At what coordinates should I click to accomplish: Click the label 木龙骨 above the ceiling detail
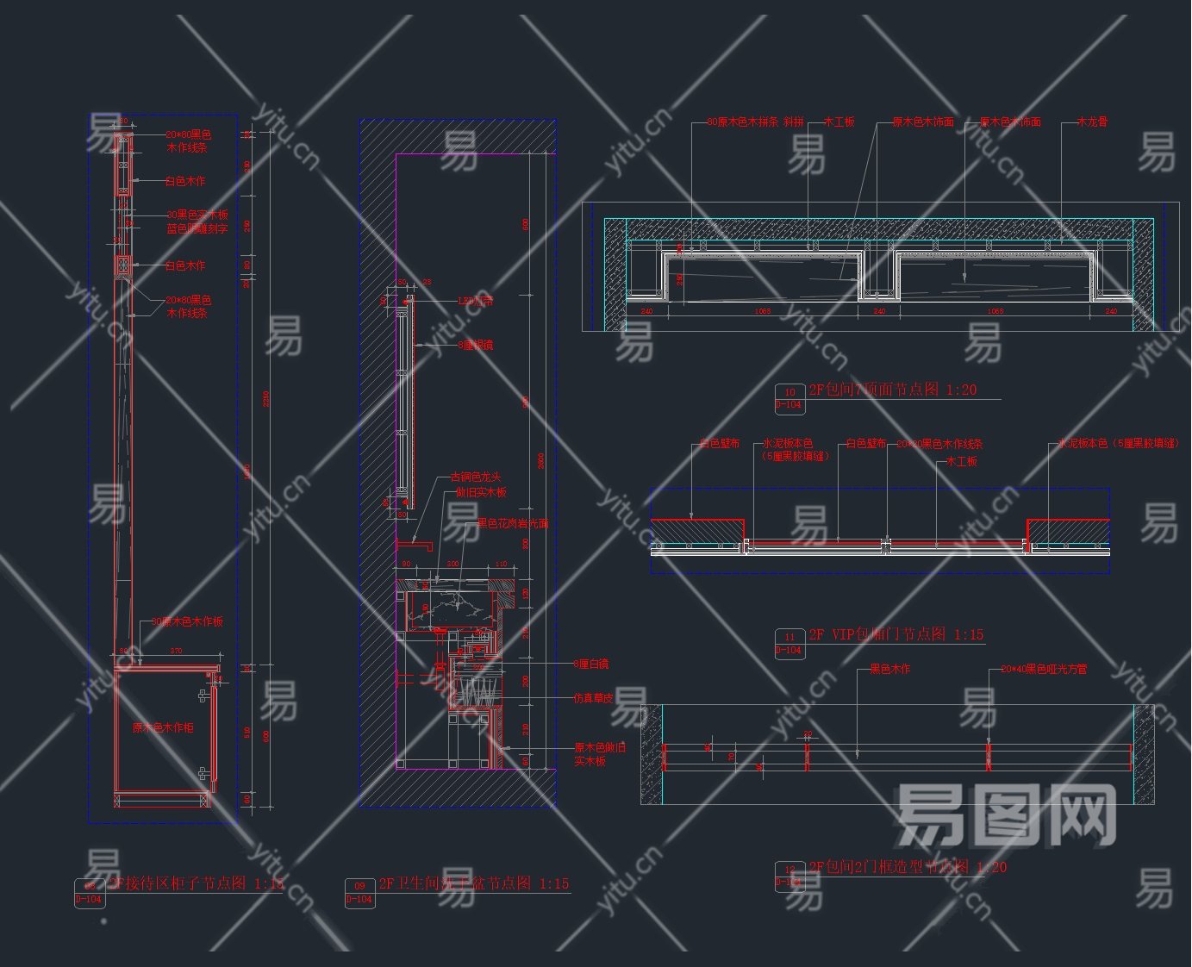point(1092,122)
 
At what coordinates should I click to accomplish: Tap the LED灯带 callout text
point(477,302)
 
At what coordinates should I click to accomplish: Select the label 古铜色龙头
point(475,477)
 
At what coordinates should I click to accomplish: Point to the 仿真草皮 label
point(593,698)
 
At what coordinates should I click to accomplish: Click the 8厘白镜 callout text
point(591,664)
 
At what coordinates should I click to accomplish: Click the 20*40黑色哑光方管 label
point(1044,669)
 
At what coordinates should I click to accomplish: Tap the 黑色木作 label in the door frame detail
point(889,669)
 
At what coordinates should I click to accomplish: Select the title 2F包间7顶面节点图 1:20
point(892,390)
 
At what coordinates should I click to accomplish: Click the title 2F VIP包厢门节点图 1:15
point(896,634)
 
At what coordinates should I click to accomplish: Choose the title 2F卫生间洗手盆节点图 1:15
point(474,883)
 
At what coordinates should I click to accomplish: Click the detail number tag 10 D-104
point(789,398)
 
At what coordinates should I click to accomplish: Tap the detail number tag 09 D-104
point(359,892)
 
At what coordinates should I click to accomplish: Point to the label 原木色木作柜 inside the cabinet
point(163,727)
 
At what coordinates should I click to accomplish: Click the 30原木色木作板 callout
point(187,621)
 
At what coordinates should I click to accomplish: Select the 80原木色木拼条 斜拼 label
point(755,122)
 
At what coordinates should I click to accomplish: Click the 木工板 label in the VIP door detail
point(962,461)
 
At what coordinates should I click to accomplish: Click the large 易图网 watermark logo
point(1006,814)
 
